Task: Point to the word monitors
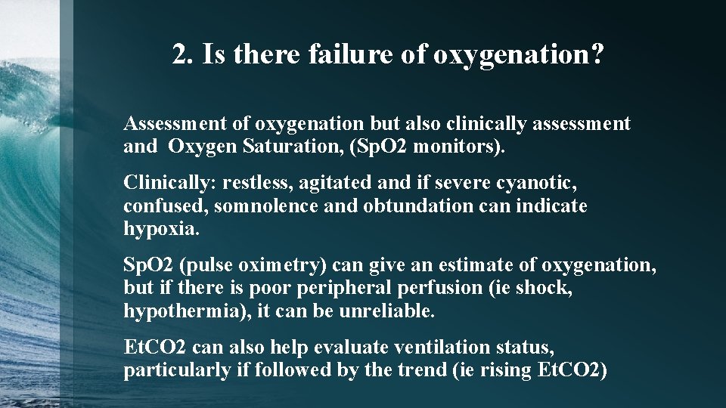tap(461, 146)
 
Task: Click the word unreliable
tap(397, 311)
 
